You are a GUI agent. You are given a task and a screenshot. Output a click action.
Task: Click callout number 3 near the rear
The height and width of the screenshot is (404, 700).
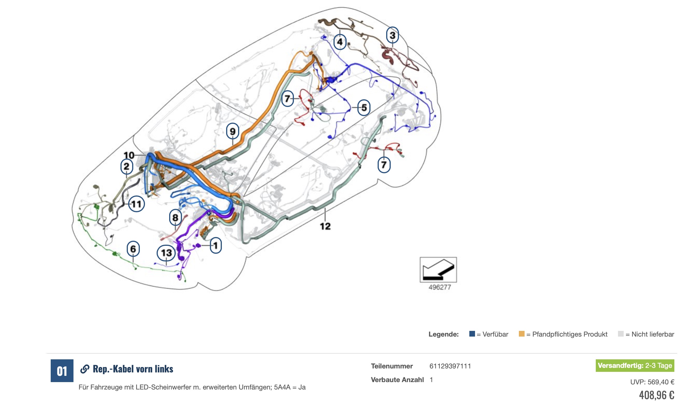392,35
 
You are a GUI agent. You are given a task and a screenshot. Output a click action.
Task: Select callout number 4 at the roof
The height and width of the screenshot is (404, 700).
340,42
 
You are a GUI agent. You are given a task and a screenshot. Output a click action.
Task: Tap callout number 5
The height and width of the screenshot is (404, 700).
364,108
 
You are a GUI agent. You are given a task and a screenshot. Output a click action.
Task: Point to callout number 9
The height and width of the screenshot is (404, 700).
233,131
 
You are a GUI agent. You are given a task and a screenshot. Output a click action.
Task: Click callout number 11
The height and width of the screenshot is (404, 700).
136,204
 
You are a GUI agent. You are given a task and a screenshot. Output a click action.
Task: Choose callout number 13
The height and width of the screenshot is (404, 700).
166,253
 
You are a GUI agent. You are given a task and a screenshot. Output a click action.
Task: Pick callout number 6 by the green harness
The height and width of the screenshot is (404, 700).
133,249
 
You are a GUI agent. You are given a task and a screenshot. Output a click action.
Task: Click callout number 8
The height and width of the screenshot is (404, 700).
175,218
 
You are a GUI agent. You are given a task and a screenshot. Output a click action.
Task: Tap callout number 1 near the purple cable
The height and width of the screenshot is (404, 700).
216,245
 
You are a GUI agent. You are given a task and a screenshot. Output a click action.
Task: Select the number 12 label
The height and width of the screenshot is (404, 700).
325,226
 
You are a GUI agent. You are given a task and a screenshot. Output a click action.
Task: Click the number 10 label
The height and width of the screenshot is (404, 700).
129,155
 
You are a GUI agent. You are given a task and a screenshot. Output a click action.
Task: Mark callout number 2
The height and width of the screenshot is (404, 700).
126,166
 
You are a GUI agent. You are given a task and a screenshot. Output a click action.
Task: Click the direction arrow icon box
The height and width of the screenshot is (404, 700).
438,269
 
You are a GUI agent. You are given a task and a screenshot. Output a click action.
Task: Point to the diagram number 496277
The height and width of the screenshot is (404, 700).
439,287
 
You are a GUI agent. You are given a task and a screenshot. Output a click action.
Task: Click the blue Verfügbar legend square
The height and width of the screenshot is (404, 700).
472,334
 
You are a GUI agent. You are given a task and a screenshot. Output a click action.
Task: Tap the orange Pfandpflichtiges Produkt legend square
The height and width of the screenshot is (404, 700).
521,334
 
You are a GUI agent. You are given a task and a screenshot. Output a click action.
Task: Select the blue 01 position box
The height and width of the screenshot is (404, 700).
62,371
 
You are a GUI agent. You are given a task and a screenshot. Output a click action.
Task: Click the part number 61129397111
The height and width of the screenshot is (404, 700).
450,366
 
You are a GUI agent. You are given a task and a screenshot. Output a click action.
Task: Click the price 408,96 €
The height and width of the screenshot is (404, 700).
656,395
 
